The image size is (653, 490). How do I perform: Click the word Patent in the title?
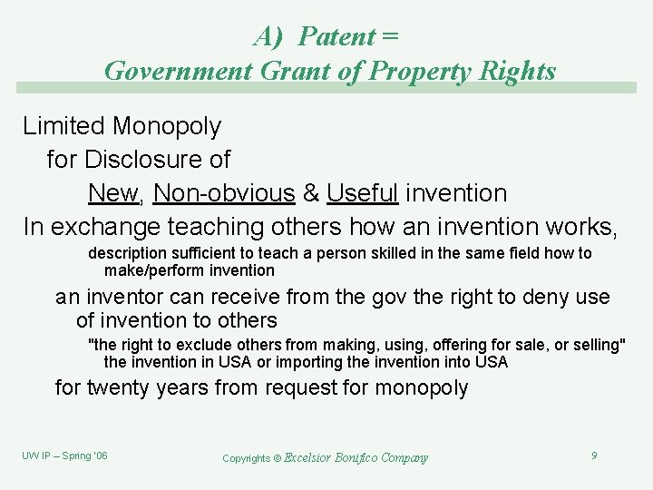(x=336, y=36)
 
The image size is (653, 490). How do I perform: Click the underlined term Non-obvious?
(x=225, y=193)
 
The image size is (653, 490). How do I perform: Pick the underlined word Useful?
(x=363, y=193)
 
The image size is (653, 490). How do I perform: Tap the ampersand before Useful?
(x=311, y=193)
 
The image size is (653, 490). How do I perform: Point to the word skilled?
(x=369, y=253)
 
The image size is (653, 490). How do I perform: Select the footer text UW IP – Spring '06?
(x=64, y=456)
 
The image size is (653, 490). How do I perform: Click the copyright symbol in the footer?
(x=278, y=458)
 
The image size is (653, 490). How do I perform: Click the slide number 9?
(x=594, y=456)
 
